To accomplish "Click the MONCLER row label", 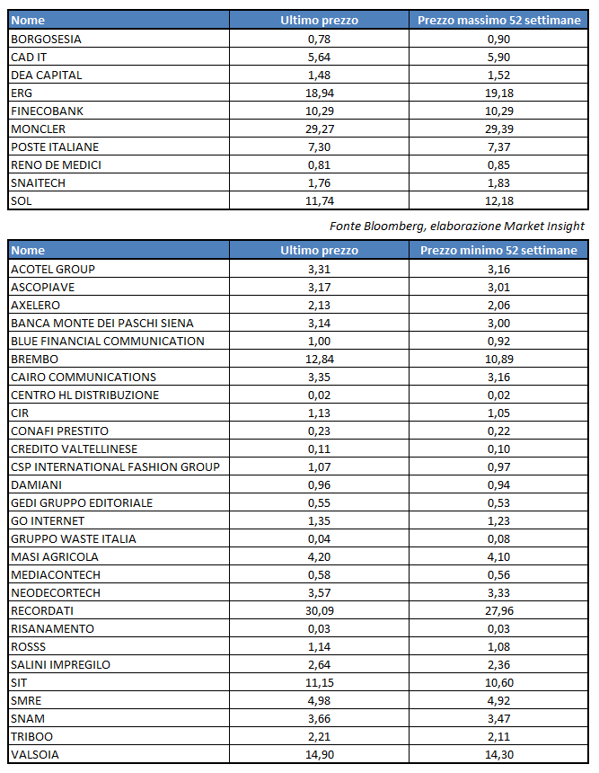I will pyautogui.click(x=38, y=129).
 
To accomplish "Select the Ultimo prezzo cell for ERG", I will pyautogui.click(x=319, y=93).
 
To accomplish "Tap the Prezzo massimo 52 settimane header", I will pyautogui.click(x=499, y=20).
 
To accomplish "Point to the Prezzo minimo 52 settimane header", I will pyautogui.click(x=498, y=251).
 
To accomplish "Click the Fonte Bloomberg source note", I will pyautogui.click(x=457, y=226).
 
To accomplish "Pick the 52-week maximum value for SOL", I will pyautogui.click(x=498, y=200).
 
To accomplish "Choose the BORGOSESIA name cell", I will pyautogui.click(x=46, y=39).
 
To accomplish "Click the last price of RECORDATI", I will pyautogui.click(x=319, y=610).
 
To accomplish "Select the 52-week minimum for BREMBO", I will pyautogui.click(x=498, y=359).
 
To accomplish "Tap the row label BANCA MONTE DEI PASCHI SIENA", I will pyautogui.click(x=101, y=323).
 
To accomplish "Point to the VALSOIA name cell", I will pyautogui.click(x=35, y=754).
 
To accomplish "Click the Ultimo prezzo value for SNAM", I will pyautogui.click(x=319, y=718).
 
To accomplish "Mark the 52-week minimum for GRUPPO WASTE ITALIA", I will pyautogui.click(x=498, y=538).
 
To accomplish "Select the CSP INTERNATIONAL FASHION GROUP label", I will pyautogui.click(x=115, y=466).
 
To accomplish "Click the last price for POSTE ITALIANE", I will pyautogui.click(x=319, y=147).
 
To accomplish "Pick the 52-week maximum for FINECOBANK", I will pyautogui.click(x=498, y=111).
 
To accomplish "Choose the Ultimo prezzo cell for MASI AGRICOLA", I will pyautogui.click(x=319, y=556).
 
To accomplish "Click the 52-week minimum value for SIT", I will pyautogui.click(x=498, y=682).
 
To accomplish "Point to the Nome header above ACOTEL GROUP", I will pyautogui.click(x=29, y=251).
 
